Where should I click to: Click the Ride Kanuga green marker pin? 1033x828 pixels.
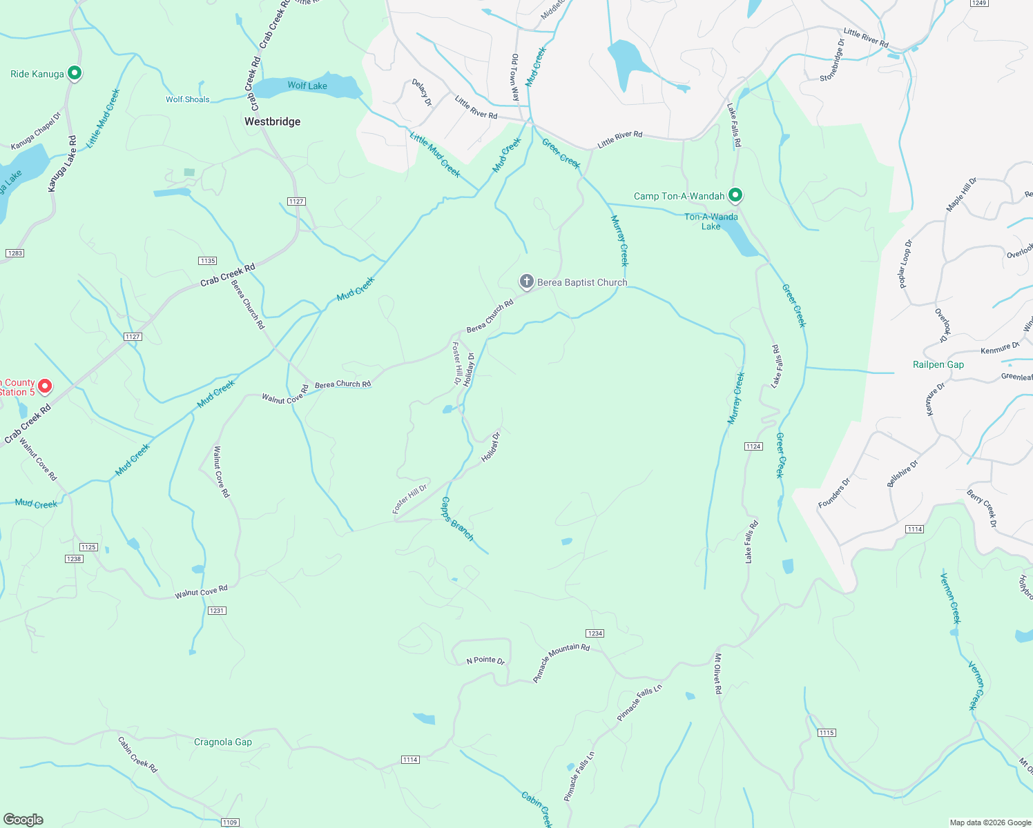coord(75,73)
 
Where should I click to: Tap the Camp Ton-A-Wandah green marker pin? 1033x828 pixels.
coord(735,195)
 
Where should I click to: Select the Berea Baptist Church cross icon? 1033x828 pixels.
coord(526,281)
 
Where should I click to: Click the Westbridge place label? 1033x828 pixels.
coord(272,121)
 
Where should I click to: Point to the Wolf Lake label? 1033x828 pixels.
coord(307,86)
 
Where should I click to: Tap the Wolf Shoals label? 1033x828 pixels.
coord(187,99)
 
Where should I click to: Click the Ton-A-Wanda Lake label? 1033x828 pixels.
coord(711,221)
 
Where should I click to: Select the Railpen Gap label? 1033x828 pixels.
coord(938,364)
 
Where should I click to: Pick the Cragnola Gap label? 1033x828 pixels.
coord(223,742)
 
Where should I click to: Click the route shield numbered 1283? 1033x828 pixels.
coord(15,253)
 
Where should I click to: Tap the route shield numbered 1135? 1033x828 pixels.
coord(207,261)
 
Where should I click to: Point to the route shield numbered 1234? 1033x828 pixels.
coord(595,633)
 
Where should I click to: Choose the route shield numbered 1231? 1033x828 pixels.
coord(217,611)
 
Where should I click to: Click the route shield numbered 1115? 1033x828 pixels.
coord(827,733)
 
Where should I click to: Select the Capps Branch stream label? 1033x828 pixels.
coord(457,519)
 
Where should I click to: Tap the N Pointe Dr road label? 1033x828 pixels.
coord(485,660)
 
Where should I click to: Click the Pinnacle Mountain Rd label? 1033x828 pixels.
coord(561,662)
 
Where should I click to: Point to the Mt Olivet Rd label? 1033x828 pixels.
coord(718,673)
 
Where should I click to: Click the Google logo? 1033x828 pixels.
coord(23,820)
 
